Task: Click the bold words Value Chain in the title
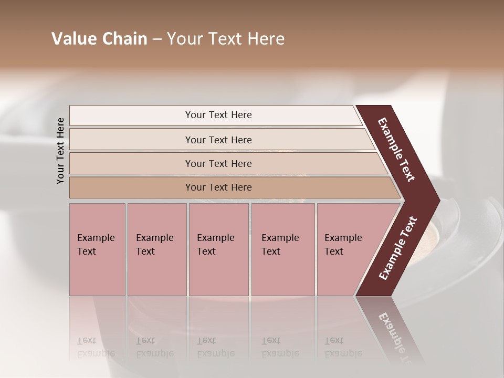[99, 39]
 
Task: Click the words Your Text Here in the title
[226, 39]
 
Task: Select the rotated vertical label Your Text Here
[60, 151]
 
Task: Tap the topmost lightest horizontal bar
[131, 115]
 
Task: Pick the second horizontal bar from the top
[131, 140]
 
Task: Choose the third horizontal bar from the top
[131, 163]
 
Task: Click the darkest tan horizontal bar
[131, 187]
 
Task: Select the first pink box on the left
[97, 249]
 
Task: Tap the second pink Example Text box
[157, 249]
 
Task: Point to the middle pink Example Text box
[218, 249]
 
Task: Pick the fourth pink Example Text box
[283, 249]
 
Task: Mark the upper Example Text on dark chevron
[396, 150]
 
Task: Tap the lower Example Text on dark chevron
[397, 248]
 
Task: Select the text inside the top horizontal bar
[218, 115]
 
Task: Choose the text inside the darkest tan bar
[218, 187]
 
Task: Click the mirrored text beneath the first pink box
[96, 346]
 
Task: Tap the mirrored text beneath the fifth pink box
[343, 346]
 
